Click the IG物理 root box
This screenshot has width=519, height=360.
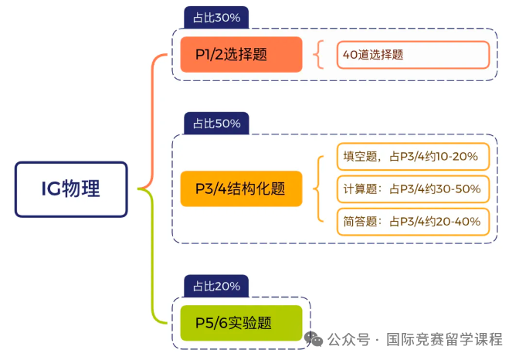[71, 189]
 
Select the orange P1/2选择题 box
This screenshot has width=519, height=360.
[241, 54]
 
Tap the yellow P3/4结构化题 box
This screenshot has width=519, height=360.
[241, 188]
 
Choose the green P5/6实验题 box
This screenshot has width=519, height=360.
[241, 323]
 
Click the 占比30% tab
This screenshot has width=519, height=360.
[216, 18]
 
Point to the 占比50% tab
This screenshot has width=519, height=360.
[216, 123]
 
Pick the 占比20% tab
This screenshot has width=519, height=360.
[216, 286]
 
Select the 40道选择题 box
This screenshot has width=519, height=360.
[413, 55]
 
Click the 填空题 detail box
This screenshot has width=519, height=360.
[413, 156]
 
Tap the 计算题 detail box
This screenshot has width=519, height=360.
[413, 189]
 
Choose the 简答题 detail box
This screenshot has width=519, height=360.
[413, 222]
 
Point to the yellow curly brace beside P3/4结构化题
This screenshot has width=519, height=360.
[314, 188]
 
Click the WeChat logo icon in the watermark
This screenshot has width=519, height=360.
[314, 339]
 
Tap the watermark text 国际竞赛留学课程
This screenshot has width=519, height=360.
[444, 339]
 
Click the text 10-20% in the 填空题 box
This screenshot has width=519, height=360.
[457, 156]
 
